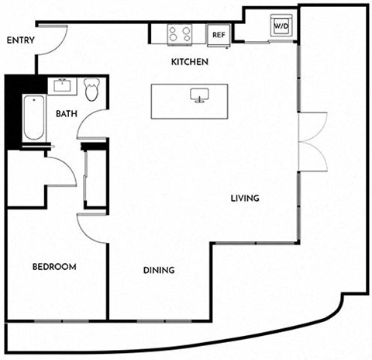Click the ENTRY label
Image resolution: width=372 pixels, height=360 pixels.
[x=21, y=40]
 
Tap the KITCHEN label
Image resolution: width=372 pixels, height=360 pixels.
[x=190, y=62]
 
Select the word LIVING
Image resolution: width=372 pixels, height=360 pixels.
[x=245, y=199]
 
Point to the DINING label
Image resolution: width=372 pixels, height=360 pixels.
[x=159, y=270]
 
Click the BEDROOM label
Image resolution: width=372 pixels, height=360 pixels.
[x=54, y=267]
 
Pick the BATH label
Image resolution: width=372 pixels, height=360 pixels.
[x=67, y=113]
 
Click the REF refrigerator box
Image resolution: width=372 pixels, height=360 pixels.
[x=219, y=35]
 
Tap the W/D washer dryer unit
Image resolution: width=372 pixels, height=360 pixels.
[x=281, y=26]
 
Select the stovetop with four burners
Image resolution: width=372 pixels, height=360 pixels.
[x=180, y=34]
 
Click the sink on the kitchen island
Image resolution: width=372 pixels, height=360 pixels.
[x=199, y=95]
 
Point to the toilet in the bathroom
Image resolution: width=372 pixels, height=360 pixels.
[x=91, y=89]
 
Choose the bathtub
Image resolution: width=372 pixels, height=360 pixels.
[x=34, y=118]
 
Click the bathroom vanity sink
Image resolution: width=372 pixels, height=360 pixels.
[x=62, y=85]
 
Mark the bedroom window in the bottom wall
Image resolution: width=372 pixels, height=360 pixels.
[x=62, y=321]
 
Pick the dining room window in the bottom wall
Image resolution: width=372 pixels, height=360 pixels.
[x=164, y=321]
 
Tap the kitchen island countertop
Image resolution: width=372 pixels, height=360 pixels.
[x=190, y=102]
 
